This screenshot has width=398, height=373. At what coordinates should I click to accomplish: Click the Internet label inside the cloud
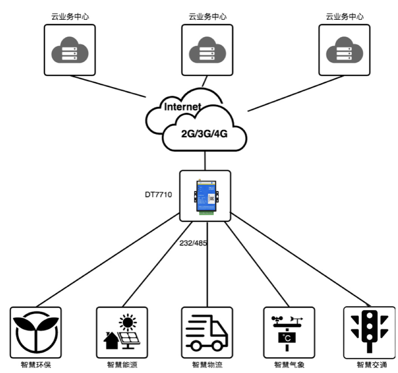[x=182, y=107]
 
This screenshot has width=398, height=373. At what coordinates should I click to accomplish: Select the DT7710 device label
[x=158, y=195]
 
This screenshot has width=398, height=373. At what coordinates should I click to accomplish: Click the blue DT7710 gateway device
[x=206, y=196]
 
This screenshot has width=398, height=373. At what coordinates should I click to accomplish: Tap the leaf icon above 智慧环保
[x=36, y=332]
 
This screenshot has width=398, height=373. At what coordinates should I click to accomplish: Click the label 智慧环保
[x=36, y=365]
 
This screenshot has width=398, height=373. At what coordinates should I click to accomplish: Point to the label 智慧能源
[x=121, y=365]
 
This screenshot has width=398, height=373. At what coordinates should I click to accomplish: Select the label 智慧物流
[x=207, y=365]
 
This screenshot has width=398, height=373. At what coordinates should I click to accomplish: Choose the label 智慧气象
[x=289, y=365]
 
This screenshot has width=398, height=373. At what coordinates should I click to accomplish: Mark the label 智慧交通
[x=371, y=365]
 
